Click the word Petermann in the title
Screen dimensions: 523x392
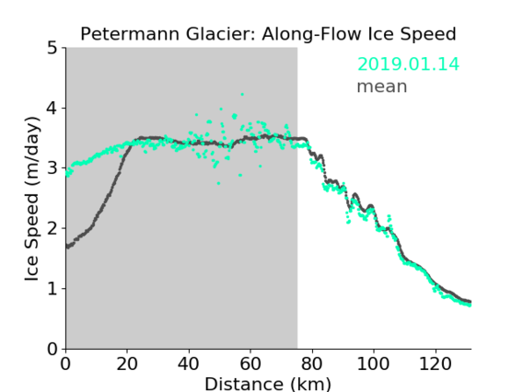[131, 34]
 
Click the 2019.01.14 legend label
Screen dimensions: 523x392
[408, 64]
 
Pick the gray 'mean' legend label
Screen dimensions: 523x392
[382, 86]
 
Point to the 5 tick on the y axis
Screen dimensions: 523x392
[52, 49]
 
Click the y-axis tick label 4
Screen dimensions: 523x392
[52, 109]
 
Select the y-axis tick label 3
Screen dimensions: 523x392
[52, 168]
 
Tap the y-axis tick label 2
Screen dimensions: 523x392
[52, 228]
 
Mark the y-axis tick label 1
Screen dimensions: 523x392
[52, 288]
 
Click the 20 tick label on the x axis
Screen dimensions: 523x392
[127, 363]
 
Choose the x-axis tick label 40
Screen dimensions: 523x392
[189, 363]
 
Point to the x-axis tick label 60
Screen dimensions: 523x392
[250, 363]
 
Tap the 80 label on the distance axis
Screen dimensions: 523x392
[312, 363]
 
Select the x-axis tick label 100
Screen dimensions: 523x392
[373, 363]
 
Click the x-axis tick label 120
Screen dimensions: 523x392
[435, 363]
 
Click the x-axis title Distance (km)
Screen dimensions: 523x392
[268, 384]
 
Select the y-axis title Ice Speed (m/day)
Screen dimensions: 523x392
[32, 199]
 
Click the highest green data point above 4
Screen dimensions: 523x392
[242, 95]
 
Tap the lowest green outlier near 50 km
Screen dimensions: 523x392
[218, 183]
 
